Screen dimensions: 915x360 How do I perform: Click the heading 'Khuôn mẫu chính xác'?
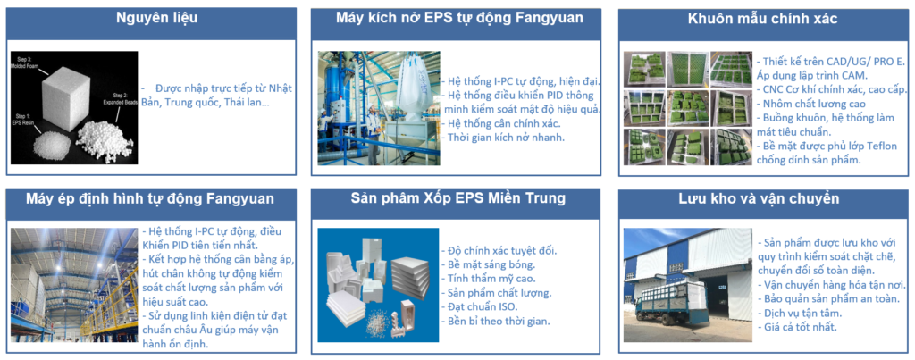pos(763,19)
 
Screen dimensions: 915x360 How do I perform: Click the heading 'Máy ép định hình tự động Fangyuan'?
pos(150,198)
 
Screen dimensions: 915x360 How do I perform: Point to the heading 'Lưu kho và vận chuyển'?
pos(762,198)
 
